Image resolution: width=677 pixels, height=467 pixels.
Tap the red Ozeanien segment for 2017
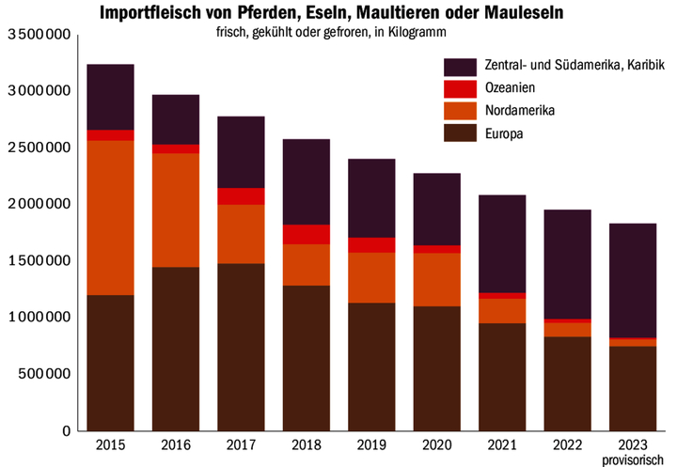pyautogui.click(x=241, y=195)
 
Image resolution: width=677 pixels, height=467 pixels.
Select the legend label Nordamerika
pyautogui.click(x=520, y=111)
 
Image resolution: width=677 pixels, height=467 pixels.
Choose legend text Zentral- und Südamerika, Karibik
pyautogui.click(x=575, y=67)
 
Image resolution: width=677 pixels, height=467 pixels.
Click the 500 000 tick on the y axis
pyautogui.click(x=44, y=374)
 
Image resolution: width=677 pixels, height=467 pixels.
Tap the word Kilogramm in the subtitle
pyautogui.click(x=415, y=31)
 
